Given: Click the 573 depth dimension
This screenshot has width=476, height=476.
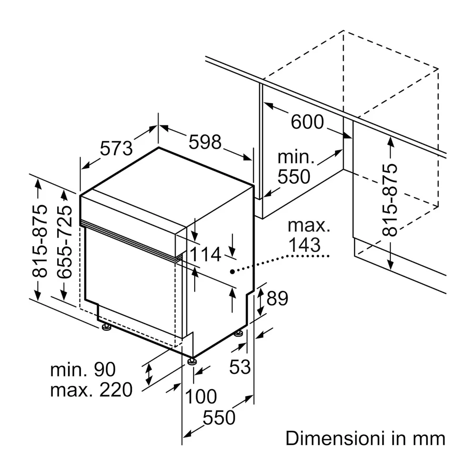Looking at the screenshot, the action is [117, 148].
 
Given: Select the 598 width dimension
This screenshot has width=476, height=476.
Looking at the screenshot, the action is [205, 142].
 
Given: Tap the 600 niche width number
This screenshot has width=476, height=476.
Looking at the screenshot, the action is [307, 122].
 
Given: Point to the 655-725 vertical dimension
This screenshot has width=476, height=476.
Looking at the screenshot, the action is [64, 241].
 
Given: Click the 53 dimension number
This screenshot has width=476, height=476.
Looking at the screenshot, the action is [240, 367].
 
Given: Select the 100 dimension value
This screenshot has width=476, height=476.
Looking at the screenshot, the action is [201, 396].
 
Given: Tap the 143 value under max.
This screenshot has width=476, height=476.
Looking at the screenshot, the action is [305, 245].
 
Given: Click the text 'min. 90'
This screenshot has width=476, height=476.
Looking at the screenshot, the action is [82, 369].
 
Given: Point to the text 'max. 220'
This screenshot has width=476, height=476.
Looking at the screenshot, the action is [91, 389].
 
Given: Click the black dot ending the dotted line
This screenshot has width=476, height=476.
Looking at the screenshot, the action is [232, 272].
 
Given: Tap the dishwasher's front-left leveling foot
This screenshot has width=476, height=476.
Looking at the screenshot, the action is [106, 327].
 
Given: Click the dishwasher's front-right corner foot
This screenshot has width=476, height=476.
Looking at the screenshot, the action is [192, 361].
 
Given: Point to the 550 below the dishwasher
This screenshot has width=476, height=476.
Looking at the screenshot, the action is [219, 417].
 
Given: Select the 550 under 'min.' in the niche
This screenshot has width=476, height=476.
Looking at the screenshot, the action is [294, 177].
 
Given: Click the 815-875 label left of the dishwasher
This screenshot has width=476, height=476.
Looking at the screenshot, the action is [40, 241].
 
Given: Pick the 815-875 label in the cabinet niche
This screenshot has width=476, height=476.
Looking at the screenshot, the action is [390, 200].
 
